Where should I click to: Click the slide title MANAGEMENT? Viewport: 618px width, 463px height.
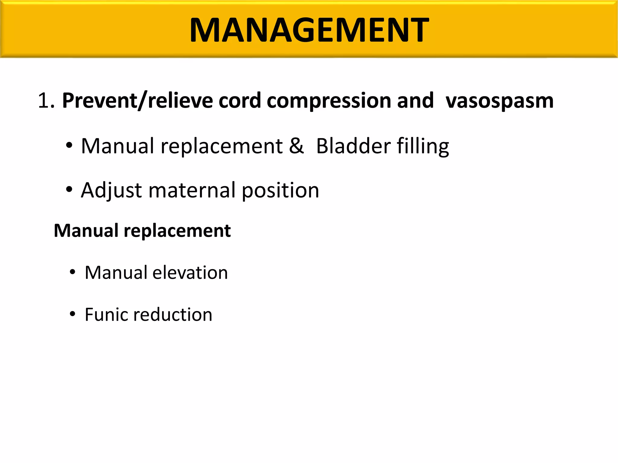click(309, 30)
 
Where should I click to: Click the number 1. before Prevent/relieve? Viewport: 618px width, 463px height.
click(46, 101)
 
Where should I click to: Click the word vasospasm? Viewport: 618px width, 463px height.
click(499, 101)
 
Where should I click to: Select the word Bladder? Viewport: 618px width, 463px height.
click(353, 146)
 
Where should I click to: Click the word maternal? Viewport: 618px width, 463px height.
click(192, 191)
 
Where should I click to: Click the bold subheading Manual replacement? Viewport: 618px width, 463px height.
click(142, 231)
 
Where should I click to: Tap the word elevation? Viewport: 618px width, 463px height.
click(190, 272)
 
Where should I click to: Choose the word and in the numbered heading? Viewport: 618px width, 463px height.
click(415, 101)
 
